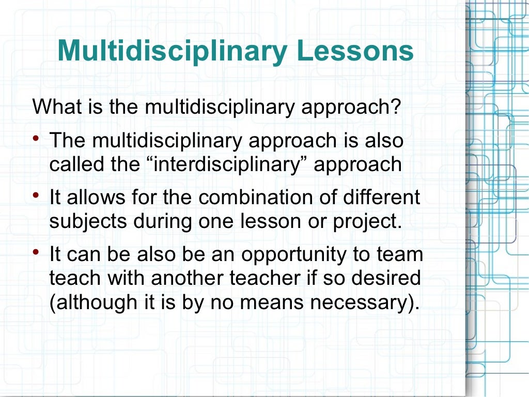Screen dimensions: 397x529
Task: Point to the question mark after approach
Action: [396, 108]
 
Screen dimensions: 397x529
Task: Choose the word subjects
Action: [88, 221]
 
